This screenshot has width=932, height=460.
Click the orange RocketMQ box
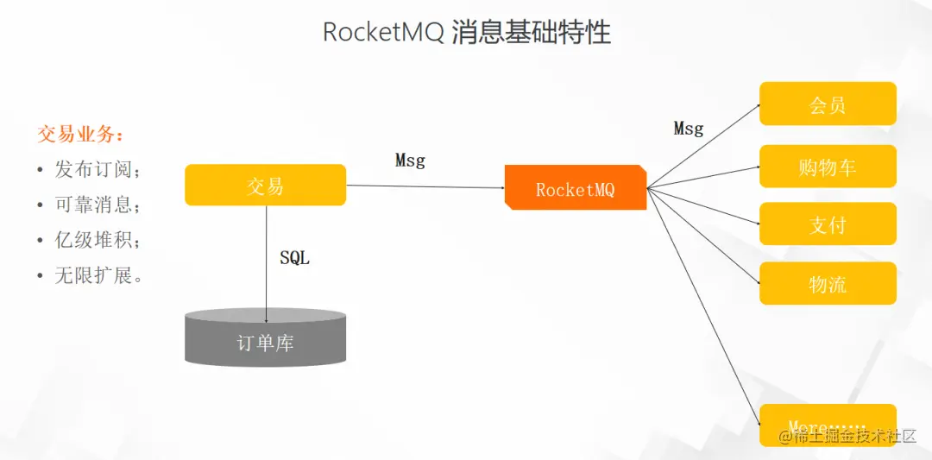tap(576, 187)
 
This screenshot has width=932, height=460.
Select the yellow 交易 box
tap(265, 185)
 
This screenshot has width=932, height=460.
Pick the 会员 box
tap(828, 104)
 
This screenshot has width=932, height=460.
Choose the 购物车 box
tap(828, 166)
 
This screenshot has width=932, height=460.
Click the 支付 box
tap(828, 224)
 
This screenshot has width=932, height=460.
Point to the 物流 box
tap(828, 283)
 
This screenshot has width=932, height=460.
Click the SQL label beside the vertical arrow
tap(294, 258)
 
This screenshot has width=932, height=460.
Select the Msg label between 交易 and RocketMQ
tap(410, 160)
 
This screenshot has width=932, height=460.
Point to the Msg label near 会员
tap(688, 129)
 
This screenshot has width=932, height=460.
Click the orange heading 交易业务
tap(80, 134)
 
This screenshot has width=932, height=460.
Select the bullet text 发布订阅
tap(98, 169)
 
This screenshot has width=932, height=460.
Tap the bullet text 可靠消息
tap(98, 205)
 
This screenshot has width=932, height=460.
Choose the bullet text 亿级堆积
tap(98, 240)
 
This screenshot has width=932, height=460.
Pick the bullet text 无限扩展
tap(98, 275)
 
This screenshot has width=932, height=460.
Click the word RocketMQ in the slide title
tap(383, 33)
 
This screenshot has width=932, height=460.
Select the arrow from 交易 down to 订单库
tap(266, 259)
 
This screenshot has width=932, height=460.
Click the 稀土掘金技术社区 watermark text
tap(854, 436)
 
